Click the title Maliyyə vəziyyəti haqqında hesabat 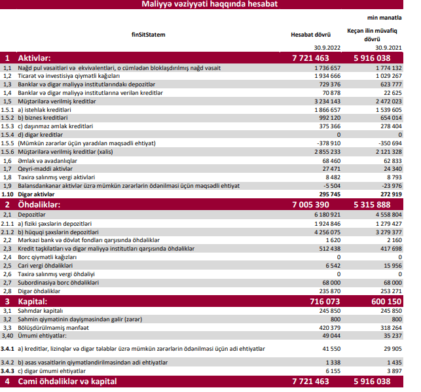[x=210, y=5]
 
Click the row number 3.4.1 [x=8, y=349]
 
